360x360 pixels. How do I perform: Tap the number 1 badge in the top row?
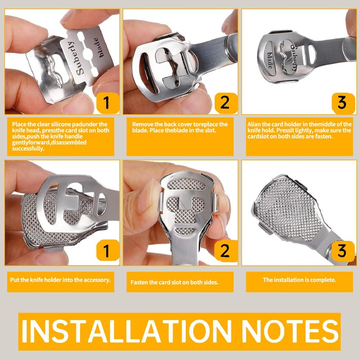pos(108,103)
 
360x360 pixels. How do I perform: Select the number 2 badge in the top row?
pos(226,103)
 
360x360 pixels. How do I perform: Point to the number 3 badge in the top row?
pos(343,103)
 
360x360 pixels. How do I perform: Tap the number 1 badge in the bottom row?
pos(108,251)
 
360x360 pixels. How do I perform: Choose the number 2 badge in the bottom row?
pos(226,251)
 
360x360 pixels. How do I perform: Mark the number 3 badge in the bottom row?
pos(343,251)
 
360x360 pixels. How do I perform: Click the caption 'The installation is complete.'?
pos(299,280)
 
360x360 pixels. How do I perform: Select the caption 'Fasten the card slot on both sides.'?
pos(174,282)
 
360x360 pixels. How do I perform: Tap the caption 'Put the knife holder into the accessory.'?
pos(60,280)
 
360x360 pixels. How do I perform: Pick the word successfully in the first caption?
pos(28,148)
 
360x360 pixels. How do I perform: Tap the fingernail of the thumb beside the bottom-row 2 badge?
pos(147,195)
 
